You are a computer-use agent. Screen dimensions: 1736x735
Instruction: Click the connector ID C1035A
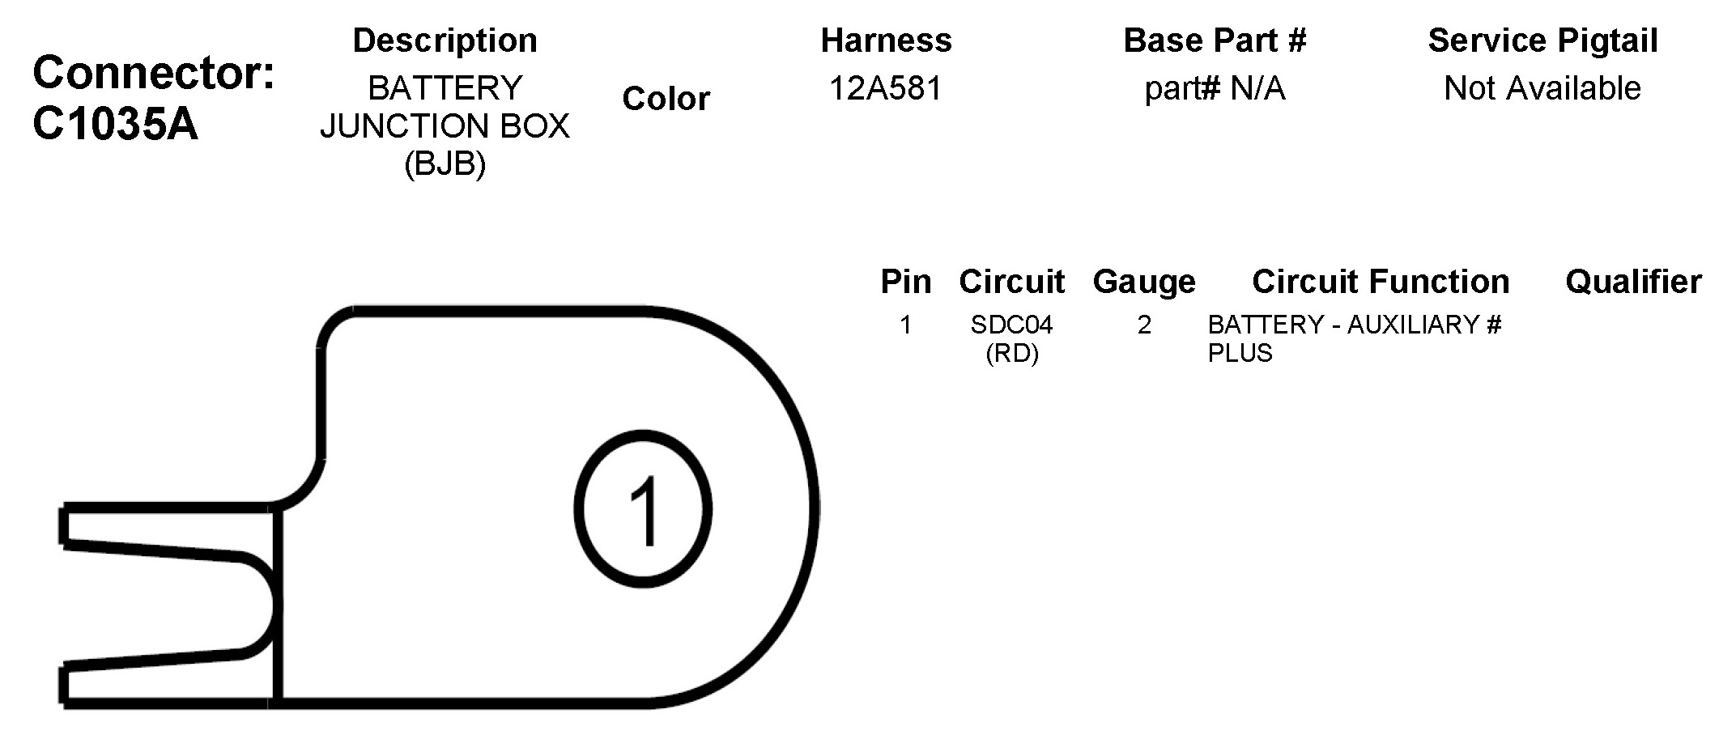[115, 125]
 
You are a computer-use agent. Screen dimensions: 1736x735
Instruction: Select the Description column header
[445, 40]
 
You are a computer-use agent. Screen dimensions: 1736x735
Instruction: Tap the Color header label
[666, 99]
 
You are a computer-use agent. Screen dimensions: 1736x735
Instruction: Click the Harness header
[886, 40]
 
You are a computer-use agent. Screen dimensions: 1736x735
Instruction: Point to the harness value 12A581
[886, 88]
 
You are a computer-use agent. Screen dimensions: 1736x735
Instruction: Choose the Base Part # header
[1215, 40]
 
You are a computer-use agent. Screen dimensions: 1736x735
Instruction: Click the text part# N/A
[1215, 88]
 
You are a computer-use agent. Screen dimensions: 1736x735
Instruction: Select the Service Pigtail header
[1542, 40]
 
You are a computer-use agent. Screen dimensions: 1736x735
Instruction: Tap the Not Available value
[1542, 88]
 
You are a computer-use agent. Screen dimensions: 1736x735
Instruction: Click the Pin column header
[905, 282]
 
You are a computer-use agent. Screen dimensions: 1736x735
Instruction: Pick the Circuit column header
[1011, 282]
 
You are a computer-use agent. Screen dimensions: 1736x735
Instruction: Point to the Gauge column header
[1143, 282]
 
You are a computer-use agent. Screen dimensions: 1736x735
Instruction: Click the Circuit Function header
[1381, 282]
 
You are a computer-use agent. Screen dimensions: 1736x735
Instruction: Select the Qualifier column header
[1633, 282]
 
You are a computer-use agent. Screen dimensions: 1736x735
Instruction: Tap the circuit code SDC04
[1011, 325]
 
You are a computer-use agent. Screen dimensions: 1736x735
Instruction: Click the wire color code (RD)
[1011, 354]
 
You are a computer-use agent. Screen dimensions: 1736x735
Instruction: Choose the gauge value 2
[1144, 325]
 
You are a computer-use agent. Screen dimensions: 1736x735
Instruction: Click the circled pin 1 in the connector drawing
[644, 509]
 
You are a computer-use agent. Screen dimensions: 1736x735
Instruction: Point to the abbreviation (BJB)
[445, 164]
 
